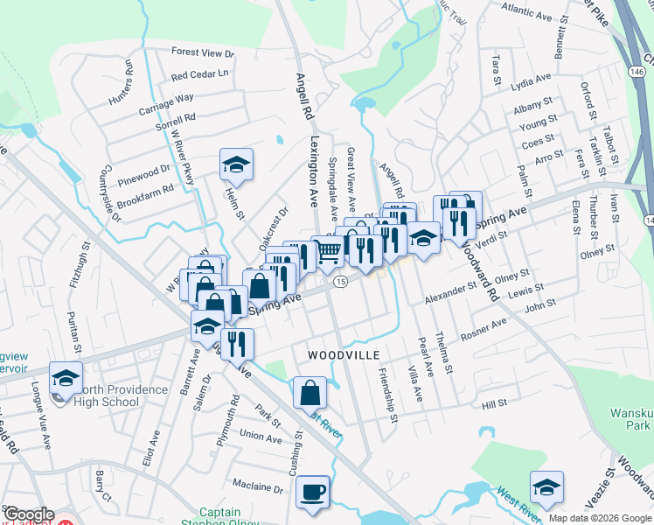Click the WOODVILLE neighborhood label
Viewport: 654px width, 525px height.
coord(344,355)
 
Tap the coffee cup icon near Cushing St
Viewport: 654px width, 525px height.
coord(312,491)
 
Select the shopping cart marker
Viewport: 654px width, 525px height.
coord(328,251)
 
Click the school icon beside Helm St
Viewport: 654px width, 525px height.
coord(235,164)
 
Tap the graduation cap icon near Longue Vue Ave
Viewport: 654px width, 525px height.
coord(65,376)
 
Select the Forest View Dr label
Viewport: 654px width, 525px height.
coord(203,53)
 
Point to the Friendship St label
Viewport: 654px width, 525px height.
coord(386,395)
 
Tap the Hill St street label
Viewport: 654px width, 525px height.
coord(494,403)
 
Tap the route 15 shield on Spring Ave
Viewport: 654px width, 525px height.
coord(341,281)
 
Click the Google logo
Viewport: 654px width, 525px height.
coord(29,514)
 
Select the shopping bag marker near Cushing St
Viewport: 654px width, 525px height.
coord(310,391)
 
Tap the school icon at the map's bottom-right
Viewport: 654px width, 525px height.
coord(546,486)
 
